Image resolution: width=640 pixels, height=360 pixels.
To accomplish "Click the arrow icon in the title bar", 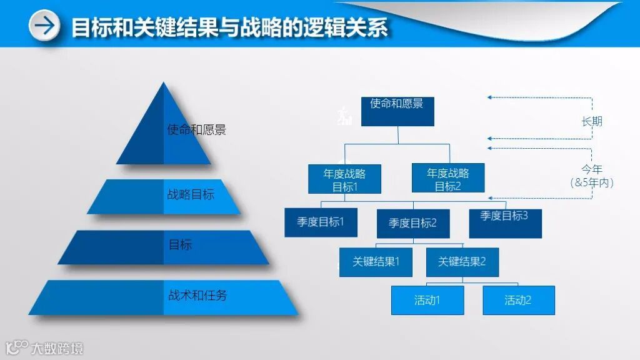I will point(44,26).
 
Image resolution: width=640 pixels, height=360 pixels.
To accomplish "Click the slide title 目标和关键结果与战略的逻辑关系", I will point(229,27).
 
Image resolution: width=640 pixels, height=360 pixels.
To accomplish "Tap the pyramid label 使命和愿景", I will point(196,130).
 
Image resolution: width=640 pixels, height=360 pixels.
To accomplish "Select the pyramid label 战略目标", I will point(191,194).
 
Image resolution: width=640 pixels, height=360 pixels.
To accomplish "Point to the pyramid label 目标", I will point(180,244).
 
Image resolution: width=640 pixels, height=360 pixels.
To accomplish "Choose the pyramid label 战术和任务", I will point(197,296).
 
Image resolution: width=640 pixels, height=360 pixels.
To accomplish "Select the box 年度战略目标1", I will point(344,179).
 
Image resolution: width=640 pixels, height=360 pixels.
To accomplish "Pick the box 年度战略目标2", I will point(447,179).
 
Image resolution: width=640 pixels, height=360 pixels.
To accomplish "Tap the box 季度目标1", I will point(321,222).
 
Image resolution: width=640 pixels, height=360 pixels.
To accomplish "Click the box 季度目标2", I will point(412,223).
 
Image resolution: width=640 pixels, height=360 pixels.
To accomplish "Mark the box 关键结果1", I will point(376,262).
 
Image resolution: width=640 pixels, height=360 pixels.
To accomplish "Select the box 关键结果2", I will point(462,262).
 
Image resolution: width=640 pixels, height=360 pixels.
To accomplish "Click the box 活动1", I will point(427,300).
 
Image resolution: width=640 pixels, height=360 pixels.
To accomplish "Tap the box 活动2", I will point(518,300).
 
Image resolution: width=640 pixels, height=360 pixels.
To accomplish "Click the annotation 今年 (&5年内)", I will point(591,176).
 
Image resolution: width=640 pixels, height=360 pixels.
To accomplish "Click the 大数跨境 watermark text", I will point(57,348).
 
